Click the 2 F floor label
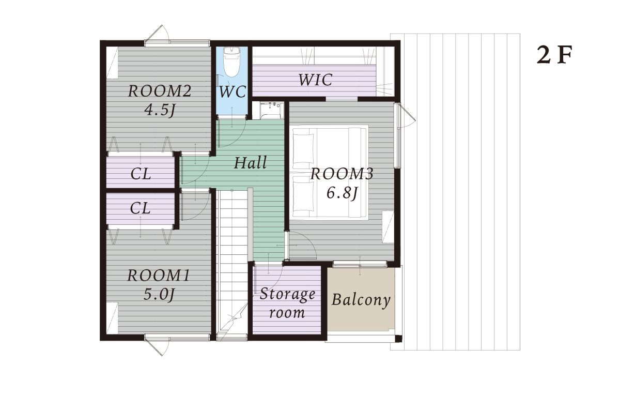tap(554, 55)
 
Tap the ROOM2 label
tap(160, 91)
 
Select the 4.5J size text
tap(160, 111)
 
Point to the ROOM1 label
tap(159, 276)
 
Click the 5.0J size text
tap(159, 295)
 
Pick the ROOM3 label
tap(342, 174)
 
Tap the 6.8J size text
tap(343, 193)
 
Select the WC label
tap(233, 91)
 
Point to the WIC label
tap(315, 80)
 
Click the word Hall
tap(250, 162)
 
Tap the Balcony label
tap(361, 300)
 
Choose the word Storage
tap(287, 295)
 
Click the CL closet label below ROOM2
tap(141, 174)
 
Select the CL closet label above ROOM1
tap(140, 208)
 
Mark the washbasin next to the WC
tap(272, 111)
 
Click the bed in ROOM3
tap(330, 172)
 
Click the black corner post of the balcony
tap(398, 339)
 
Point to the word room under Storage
tap(287, 313)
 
